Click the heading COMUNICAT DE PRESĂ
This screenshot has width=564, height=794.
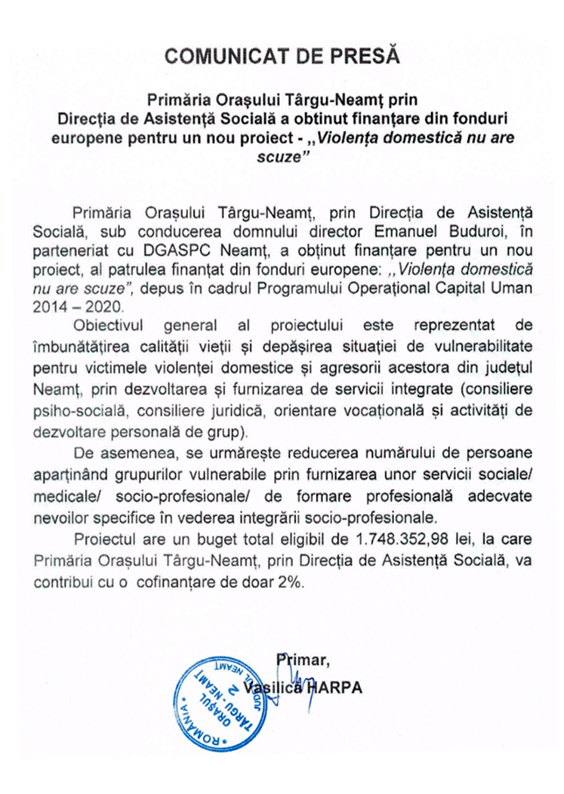282,55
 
